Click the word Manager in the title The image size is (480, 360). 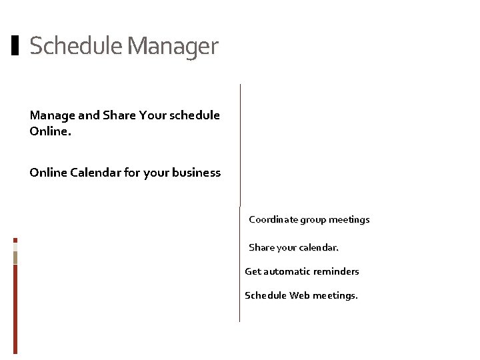click(x=172, y=47)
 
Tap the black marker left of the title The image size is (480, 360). click(x=16, y=45)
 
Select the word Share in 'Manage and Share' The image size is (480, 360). click(x=119, y=115)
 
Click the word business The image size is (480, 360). click(x=195, y=173)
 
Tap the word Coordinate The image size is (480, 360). click(x=273, y=219)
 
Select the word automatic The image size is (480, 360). click(x=287, y=271)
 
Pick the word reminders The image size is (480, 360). click(x=337, y=271)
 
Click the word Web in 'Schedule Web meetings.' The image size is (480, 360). click(x=299, y=295)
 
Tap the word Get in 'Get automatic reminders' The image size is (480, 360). click(x=253, y=271)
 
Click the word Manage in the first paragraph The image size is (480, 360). click(x=53, y=115)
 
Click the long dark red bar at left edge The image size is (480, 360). click(x=15, y=307)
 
